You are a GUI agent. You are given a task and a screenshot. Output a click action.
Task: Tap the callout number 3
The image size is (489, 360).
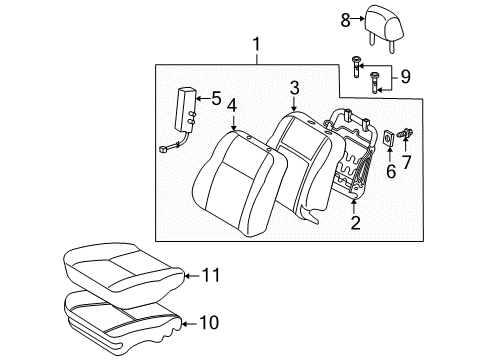tap(294, 91)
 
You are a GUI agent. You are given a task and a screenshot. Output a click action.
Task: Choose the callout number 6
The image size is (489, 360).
tap(390, 171)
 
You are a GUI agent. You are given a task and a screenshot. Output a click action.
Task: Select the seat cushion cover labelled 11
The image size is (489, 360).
tap(120, 266)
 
